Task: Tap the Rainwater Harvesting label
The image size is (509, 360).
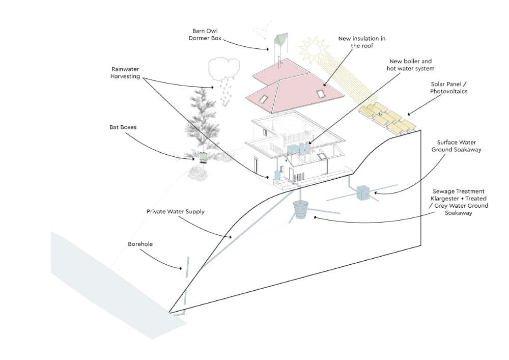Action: (125, 72)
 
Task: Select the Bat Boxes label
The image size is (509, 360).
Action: (123, 127)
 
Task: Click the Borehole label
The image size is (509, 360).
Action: (140, 244)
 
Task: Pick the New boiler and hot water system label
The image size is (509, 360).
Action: (411, 65)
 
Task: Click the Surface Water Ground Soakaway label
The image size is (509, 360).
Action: (456, 146)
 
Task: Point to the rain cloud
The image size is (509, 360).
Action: (223, 69)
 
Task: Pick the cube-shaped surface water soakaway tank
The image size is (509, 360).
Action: (364, 192)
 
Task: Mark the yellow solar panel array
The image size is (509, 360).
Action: (388, 118)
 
